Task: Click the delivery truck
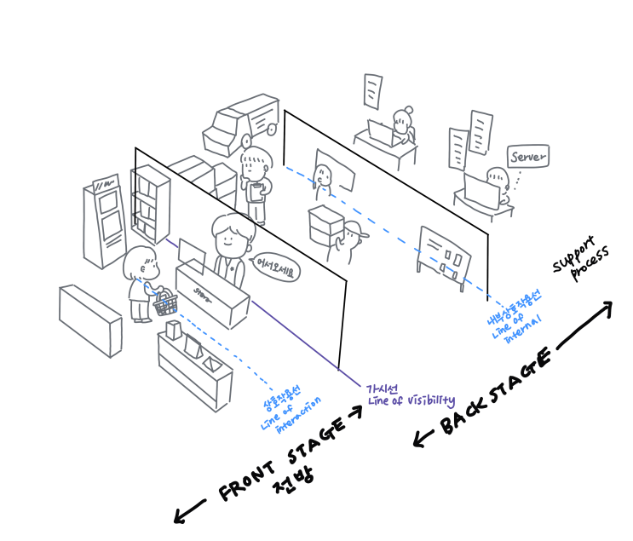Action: (x=241, y=124)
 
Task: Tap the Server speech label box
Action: (x=527, y=157)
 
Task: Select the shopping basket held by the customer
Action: (x=165, y=302)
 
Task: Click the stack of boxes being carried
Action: (x=325, y=223)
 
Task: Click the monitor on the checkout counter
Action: (x=192, y=253)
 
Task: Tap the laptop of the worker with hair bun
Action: (x=377, y=130)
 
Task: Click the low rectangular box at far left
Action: (x=89, y=319)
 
